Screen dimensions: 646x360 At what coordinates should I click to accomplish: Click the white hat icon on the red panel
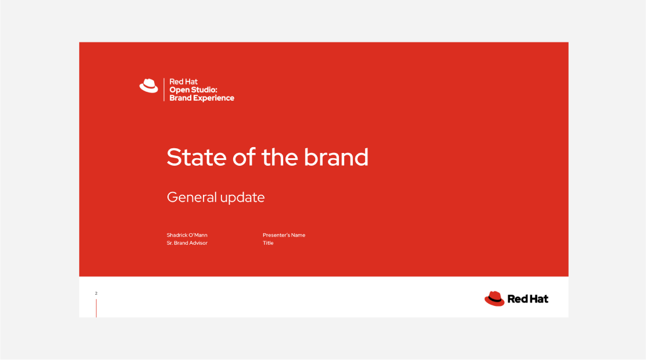(149, 85)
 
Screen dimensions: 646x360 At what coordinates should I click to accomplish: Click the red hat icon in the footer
(494, 298)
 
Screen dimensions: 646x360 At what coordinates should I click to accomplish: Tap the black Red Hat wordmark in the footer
(528, 299)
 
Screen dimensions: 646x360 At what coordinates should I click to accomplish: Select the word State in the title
(197, 157)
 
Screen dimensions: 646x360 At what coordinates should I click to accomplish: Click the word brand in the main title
(336, 157)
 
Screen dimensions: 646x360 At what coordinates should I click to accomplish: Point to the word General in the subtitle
(192, 197)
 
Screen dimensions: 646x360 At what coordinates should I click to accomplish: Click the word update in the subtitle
(242, 198)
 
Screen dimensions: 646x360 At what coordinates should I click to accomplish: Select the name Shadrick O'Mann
(187, 235)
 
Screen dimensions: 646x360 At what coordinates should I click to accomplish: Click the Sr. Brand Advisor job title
(187, 243)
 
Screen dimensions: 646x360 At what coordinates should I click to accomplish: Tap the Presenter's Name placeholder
(284, 235)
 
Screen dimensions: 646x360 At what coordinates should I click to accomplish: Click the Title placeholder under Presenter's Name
(268, 243)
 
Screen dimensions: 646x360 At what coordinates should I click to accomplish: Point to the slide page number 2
(96, 293)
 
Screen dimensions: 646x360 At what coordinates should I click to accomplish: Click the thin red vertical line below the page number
(96, 308)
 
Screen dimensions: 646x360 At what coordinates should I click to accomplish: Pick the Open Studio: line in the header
(193, 90)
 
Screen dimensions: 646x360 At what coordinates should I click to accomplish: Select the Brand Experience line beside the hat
(202, 98)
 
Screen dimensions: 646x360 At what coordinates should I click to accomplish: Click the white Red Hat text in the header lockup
(183, 81)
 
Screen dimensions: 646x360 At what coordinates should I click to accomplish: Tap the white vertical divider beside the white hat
(164, 90)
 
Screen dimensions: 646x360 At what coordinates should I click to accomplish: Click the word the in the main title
(280, 157)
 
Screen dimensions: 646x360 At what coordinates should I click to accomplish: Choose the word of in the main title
(244, 157)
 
